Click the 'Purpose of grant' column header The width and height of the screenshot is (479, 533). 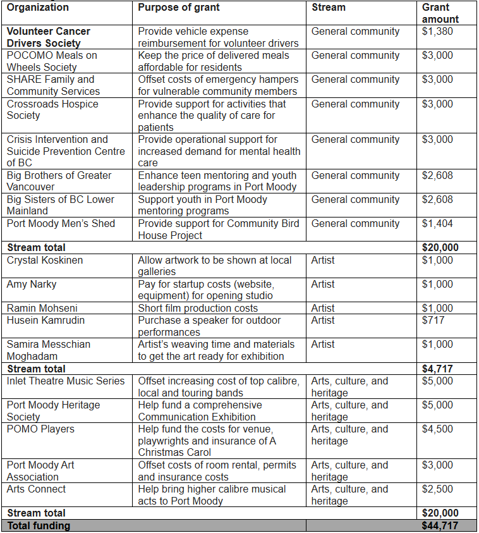(x=179, y=8)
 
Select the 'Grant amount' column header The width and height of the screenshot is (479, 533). (x=440, y=13)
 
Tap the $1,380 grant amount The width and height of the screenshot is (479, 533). (x=437, y=31)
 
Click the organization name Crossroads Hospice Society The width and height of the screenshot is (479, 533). (x=52, y=109)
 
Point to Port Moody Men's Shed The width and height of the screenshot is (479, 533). (x=61, y=223)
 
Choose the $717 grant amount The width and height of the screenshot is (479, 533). (x=433, y=320)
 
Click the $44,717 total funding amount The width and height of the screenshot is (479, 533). (x=440, y=525)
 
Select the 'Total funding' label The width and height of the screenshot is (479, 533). (x=39, y=525)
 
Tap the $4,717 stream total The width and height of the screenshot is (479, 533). (x=437, y=369)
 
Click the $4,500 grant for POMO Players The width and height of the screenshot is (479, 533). (x=437, y=429)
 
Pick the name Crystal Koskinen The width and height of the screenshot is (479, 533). (x=45, y=260)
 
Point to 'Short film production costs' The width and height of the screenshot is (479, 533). (x=198, y=308)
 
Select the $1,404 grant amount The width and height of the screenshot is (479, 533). (x=437, y=223)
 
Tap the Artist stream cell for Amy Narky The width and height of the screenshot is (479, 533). (x=323, y=284)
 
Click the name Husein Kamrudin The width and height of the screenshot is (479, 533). (x=45, y=320)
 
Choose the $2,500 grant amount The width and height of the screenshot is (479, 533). (x=437, y=489)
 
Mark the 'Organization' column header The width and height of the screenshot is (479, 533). (x=38, y=8)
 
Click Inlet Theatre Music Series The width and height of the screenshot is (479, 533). (x=66, y=381)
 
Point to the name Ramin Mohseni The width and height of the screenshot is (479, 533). (x=43, y=308)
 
